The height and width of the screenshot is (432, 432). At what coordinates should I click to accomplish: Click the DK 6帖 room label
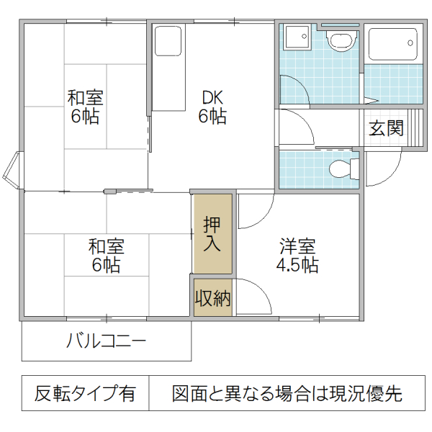(x=212, y=107)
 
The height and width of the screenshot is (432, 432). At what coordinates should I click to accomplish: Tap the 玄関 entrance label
(x=387, y=129)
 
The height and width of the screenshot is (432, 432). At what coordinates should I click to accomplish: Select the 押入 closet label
(x=212, y=233)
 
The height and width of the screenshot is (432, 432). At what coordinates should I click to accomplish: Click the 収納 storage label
(x=212, y=297)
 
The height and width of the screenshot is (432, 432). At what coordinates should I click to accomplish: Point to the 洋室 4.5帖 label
(x=297, y=255)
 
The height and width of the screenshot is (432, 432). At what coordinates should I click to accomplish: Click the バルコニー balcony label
(x=107, y=341)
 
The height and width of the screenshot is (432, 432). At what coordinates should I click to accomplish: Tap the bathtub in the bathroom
(x=392, y=45)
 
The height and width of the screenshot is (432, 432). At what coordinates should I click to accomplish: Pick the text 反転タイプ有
(x=85, y=394)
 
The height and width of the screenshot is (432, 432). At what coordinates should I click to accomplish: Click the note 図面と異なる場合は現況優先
(x=287, y=394)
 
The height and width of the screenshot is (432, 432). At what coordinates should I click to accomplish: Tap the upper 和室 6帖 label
(x=84, y=107)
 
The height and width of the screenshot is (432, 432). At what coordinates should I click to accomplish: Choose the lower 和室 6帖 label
(x=107, y=255)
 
